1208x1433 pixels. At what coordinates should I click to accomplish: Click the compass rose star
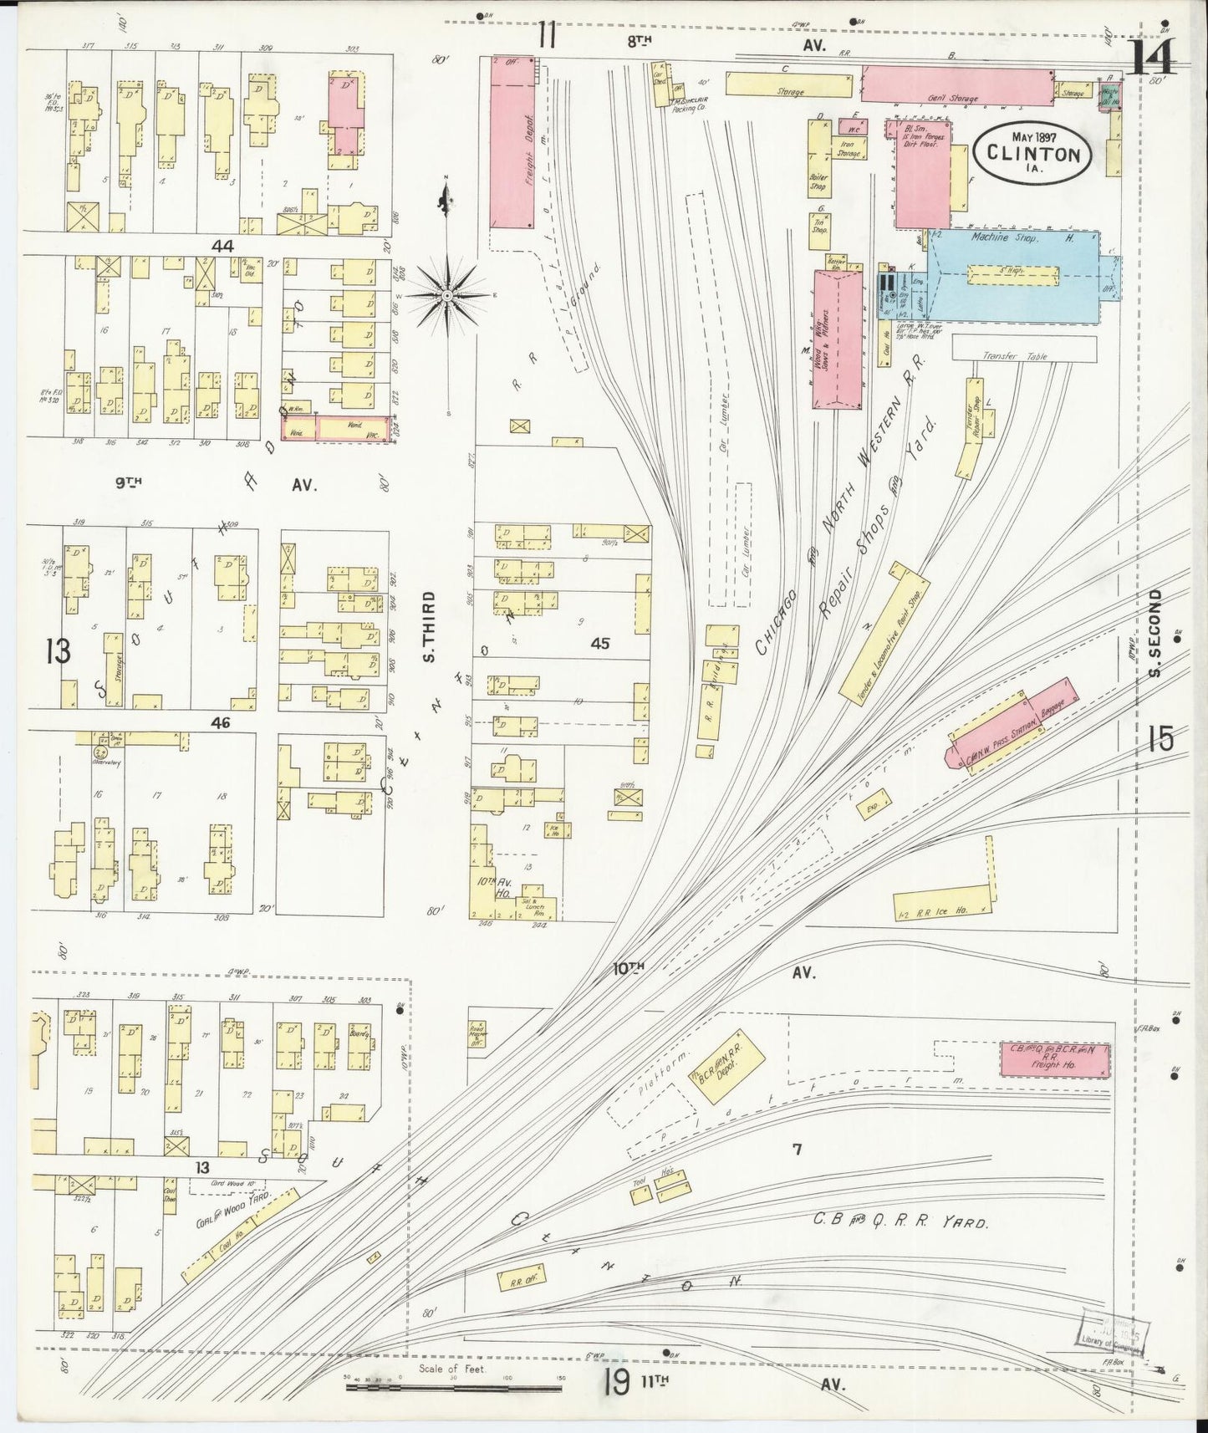[448, 295]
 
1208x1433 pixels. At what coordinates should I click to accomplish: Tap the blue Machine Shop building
[1016, 276]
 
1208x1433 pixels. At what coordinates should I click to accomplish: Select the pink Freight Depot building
[511, 142]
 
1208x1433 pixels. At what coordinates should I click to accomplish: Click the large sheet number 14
[1152, 57]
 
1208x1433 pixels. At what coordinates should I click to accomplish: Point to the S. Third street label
[429, 627]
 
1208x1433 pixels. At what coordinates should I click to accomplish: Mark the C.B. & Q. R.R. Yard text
[900, 1221]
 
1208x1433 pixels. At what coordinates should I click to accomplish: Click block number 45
[599, 643]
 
